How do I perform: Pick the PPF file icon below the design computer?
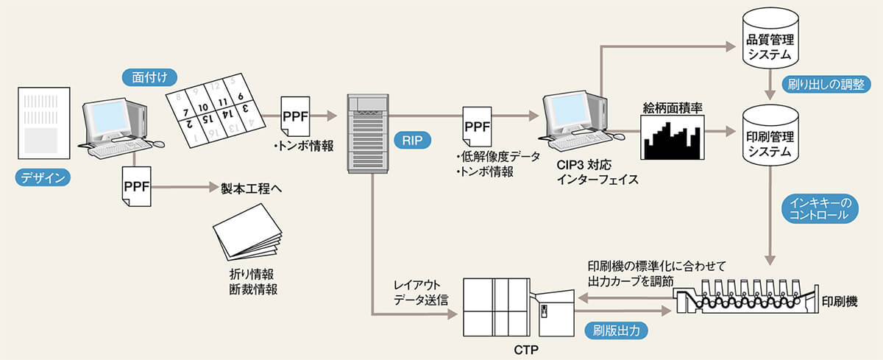point(136,189)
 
